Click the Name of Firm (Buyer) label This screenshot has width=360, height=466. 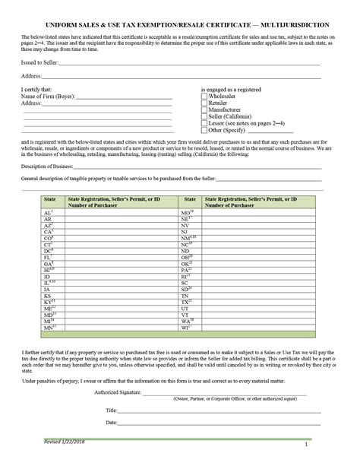(x=43, y=97)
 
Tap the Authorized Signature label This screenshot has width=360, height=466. (x=118, y=392)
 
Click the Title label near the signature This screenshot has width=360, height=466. (x=111, y=410)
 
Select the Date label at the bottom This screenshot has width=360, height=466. (x=111, y=423)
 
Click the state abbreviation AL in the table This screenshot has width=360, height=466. (x=47, y=212)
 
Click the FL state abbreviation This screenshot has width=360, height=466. (x=47, y=257)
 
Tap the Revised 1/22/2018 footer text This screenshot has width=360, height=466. (x=65, y=442)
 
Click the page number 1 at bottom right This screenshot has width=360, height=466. (x=306, y=444)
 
